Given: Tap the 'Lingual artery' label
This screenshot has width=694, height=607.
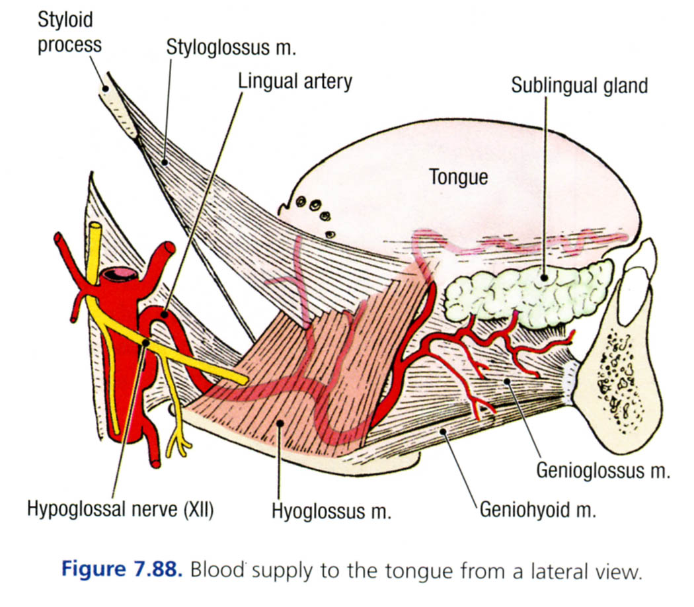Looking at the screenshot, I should (x=295, y=81).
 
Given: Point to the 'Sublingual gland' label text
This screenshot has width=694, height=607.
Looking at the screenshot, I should (x=579, y=85).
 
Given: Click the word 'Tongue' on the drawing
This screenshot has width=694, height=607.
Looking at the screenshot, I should (x=458, y=177).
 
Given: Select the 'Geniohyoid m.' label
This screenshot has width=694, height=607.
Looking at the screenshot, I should (x=539, y=510).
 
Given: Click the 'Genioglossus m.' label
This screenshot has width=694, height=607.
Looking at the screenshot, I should (x=603, y=470).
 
